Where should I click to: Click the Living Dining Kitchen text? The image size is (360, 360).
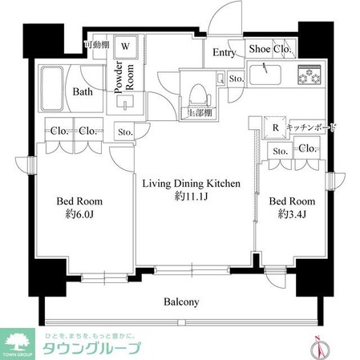[x=191, y=184]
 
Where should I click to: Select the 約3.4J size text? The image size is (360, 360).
[x=291, y=214]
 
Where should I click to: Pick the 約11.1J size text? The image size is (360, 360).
[x=191, y=197]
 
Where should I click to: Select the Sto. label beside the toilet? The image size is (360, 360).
[x=236, y=79]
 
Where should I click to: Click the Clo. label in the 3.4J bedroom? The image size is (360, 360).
[x=305, y=149]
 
